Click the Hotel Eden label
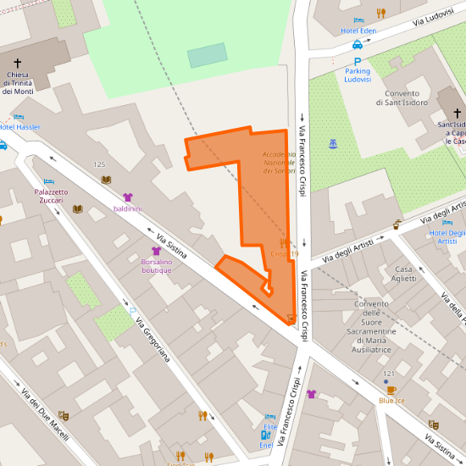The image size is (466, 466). tap(358, 31)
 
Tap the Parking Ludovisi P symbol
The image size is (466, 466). tap(358, 62)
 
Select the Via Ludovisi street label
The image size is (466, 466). tap(428, 16)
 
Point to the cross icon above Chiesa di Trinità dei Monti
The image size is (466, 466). tap(18, 62)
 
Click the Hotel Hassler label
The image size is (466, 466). tap(19, 127)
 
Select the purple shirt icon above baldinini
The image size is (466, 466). tap(128, 197)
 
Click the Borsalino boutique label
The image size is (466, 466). tap(156, 266)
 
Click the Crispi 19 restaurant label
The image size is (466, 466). tap(284, 253)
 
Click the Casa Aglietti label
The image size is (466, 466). tap(405, 274)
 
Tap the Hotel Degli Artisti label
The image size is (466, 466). tap(447, 236)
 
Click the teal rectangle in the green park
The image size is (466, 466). tap(207, 56)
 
